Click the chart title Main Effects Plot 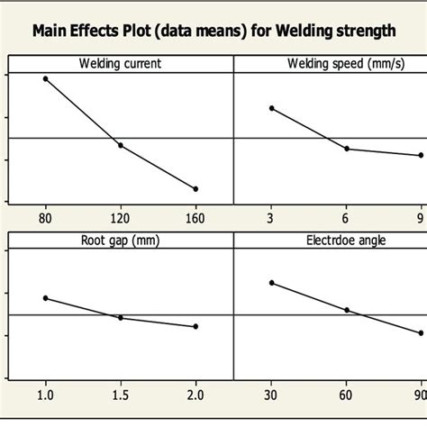pyautogui.click(x=213, y=31)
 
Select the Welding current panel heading pyautogui.click(x=121, y=63)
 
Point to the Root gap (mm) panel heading pyautogui.click(x=121, y=240)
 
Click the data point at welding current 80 pyautogui.click(x=45, y=79)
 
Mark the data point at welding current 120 pyautogui.click(x=121, y=145)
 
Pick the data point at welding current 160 pyautogui.click(x=195, y=188)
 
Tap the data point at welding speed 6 pyautogui.click(x=347, y=149)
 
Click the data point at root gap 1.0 pyautogui.click(x=45, y=298)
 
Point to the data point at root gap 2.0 pyautogui.click(x=195, y=326)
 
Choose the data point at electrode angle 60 pyautogui.click(x=347, y=310)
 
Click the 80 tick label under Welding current pyautogui.click(x=45, y=218)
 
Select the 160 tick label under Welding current pyautogui.click(x=195, y=218)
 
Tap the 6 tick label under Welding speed pyautogui.click(x=347, y=218)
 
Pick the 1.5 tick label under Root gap pyautogui.click(x=121, y=395)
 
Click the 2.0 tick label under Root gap pyautogui.click(x=195, y=395)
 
